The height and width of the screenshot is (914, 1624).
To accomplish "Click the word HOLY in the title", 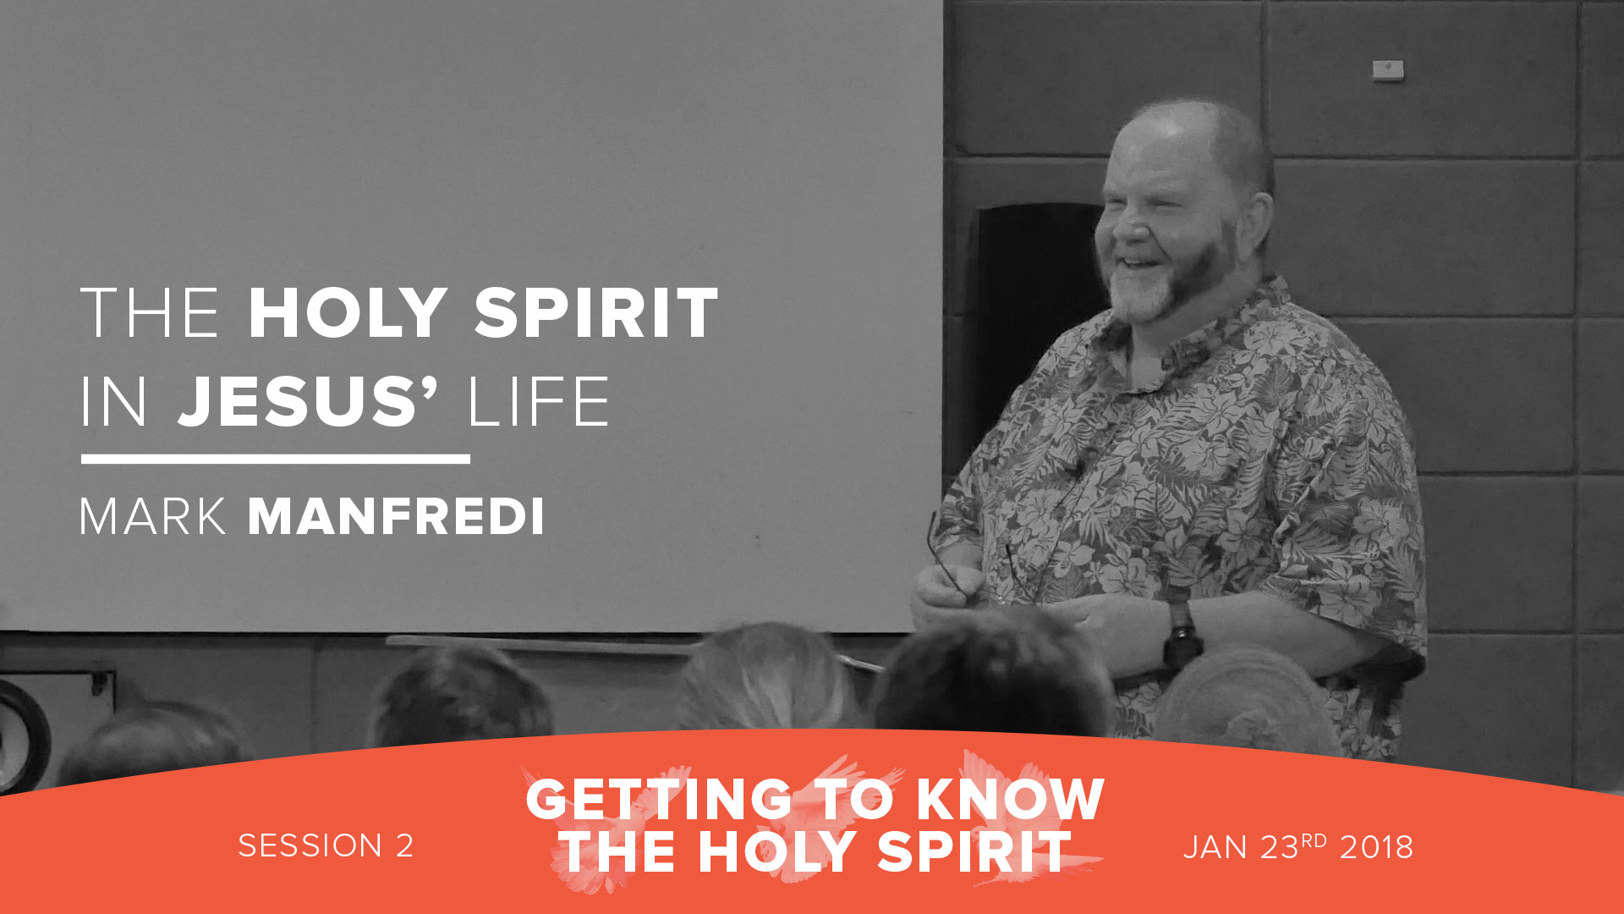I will tap(347, 314).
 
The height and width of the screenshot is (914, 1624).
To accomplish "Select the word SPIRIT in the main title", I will tap(595, 314).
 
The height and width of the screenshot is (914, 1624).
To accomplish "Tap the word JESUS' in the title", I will tap(308, 402).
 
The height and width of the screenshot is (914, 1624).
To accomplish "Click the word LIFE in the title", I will tap(538, 402).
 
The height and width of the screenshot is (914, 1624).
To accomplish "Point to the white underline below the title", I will tap(275, 459).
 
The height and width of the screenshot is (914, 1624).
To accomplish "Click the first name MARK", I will tap(153, 517).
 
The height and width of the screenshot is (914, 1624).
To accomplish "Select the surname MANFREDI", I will tap(396, 517).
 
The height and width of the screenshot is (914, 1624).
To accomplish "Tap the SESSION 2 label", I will tap(326, 846).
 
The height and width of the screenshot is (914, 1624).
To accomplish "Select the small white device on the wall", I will tap(1388, 69).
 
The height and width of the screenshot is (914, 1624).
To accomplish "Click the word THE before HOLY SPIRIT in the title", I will tap(150, 314).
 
